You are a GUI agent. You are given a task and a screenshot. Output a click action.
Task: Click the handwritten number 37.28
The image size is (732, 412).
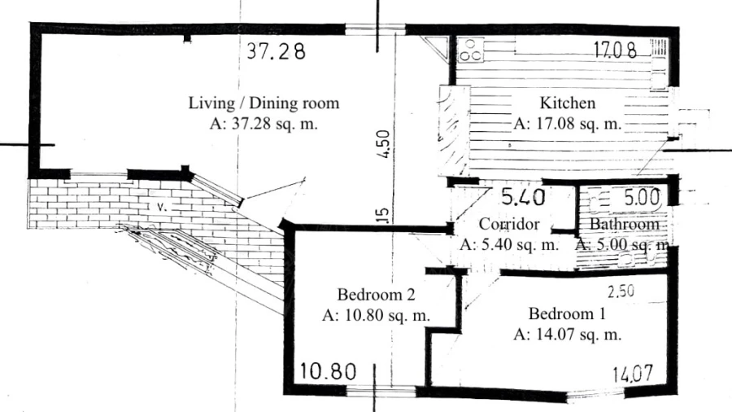(x=276, y=51)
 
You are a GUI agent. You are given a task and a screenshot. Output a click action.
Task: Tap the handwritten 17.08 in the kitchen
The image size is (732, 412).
(x=615, y=49)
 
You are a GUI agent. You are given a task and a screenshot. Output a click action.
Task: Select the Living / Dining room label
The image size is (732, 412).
(x=264, y=103)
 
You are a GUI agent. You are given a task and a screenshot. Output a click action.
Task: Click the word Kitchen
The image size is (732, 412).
(x=568, y=103)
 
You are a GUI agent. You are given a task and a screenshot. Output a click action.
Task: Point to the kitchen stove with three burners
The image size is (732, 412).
(x=470, y=50)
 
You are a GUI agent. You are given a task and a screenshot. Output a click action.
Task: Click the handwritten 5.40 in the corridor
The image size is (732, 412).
(x=523, y=197)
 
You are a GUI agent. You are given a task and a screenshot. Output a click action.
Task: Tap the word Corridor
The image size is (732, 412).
(x=509, y=224)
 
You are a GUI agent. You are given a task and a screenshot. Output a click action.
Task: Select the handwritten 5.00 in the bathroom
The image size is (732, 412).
(x=643, y=198)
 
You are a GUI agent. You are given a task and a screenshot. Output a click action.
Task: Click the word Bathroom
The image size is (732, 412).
(x=625, y=224)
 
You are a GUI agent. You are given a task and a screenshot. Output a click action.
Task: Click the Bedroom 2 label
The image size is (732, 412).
(x=377, y=295)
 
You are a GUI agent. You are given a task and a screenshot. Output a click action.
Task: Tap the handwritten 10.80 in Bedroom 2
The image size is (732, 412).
(x=327, y=371)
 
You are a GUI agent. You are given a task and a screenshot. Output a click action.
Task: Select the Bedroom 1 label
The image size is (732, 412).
(x=567, y=313)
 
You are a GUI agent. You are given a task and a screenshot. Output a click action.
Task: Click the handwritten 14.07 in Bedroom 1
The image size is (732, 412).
(x=633, y=375)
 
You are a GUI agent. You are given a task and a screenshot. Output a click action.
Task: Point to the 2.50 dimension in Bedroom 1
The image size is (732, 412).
(x=621, y=291)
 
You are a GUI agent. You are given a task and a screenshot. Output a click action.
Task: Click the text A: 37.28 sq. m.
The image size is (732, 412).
(x=264, y=124)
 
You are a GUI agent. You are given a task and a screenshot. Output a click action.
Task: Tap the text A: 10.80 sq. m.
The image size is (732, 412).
(x=377, y=316)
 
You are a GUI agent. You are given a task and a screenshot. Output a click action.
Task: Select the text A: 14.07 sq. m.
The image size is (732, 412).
(x=567, y=335)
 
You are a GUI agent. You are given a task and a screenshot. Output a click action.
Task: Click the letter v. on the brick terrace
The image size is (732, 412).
(x=162, y=207)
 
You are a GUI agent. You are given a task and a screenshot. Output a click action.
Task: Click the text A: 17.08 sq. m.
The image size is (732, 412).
(x=568, y=124)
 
